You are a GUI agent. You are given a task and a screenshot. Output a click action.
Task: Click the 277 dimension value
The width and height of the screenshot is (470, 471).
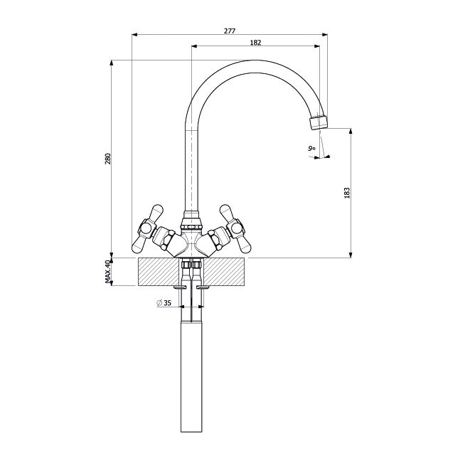tap(230, 31)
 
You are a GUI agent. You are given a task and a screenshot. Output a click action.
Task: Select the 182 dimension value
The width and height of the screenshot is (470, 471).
tap(255, 43)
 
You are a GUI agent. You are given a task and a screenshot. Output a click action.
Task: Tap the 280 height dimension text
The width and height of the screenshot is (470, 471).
tap(108, 159)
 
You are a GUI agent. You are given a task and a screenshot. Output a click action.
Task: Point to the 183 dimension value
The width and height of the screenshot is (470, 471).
tap(347, 193)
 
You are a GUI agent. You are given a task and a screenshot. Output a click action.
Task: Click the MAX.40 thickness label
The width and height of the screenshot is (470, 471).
tap(108, 272)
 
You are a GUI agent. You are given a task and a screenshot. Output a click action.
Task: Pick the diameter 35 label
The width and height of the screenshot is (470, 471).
tap(164, 303)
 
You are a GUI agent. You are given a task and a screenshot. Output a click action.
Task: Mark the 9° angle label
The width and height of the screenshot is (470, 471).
tap(311, 148)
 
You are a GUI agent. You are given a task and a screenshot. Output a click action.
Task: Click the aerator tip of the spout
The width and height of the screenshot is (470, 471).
tap(319, 122)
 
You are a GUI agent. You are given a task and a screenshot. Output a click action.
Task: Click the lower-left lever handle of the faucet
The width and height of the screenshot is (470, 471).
tap(139, 244)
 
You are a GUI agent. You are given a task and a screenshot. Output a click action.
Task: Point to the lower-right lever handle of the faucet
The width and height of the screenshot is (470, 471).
tap(244, 244)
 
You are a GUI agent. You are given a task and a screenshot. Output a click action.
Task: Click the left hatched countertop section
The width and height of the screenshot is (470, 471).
tap(159, 272)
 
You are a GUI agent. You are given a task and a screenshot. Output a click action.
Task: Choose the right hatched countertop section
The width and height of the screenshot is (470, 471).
tap(224, 272)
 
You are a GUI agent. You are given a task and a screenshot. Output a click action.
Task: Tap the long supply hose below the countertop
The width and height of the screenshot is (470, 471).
tap(191, 377)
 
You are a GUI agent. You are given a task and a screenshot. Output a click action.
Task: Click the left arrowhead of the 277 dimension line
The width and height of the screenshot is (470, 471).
tap(134, 35)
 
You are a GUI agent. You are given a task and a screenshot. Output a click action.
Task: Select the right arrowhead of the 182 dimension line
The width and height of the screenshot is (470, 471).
tap(317, 46)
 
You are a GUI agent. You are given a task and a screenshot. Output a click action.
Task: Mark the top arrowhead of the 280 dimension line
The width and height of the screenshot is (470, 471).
tap(112, 63)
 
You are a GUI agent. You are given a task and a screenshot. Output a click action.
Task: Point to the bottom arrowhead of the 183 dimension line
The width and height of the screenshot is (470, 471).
tap(351, 255)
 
